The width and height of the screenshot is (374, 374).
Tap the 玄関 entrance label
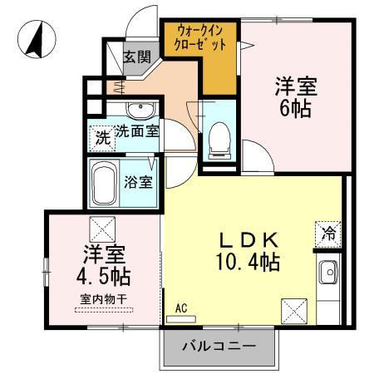137,57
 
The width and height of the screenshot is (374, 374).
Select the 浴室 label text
139,181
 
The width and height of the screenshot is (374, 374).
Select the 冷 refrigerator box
329,234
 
